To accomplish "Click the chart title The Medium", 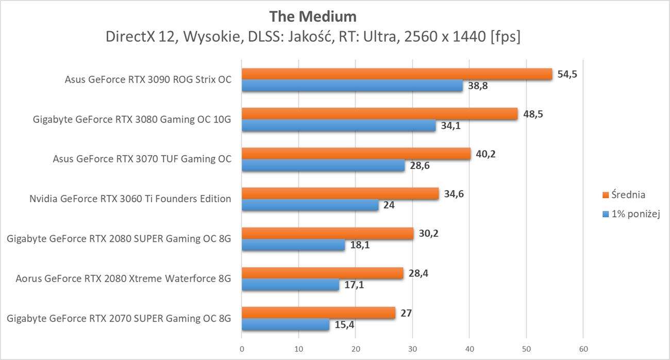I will pos(312,17).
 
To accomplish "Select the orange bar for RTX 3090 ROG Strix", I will pos(397,74).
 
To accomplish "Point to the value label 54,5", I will pos(567,74).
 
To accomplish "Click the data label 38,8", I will pos(478,86).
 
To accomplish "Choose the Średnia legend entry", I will pos(623,195).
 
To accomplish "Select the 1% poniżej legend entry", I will pos(631,214).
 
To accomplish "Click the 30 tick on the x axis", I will pos(412,349).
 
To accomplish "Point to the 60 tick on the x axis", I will pos(582,349).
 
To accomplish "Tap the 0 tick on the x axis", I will pos(242,349).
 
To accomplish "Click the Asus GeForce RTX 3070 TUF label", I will pos(142,159).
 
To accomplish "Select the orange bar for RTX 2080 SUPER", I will pos(327,234).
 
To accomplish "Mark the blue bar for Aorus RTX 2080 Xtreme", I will pos(290,285).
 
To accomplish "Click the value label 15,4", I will pos(345,325).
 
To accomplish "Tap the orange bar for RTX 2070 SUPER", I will pos(319,313).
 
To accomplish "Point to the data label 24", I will pos(389,205).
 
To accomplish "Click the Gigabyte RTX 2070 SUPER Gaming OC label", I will pos(119,318).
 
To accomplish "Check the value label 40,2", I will pos(486,154).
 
